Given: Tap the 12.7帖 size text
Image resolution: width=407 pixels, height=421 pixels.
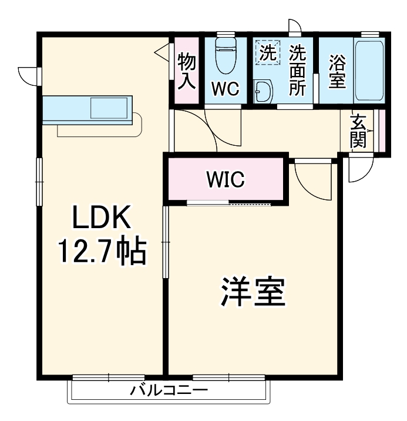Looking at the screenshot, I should click(x=102, y=252).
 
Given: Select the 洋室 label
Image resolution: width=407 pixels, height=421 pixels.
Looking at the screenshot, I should click(x=253, y=292).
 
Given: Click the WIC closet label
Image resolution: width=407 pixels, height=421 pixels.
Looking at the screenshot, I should click(x=224, y=179).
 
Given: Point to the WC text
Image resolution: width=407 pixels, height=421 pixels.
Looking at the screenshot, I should click(x=225, y=90).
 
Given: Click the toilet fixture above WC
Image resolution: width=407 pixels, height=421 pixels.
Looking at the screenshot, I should click(x=225, y=56).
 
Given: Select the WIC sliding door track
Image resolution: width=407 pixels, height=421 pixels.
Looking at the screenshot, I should click(x=229, y=204).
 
